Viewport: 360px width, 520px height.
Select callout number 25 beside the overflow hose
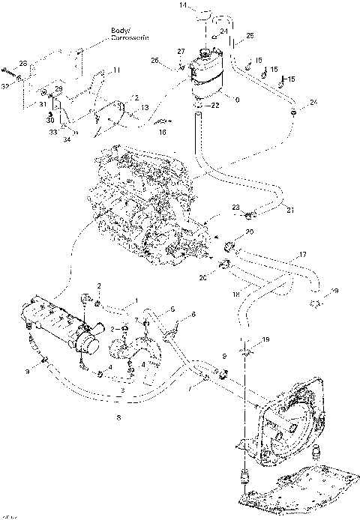(x=250, y=35)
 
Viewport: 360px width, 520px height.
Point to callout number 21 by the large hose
(x=291, y=210)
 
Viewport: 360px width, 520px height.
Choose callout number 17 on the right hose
(x=303, y=255)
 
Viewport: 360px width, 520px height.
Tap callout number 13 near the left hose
(x=144, y=107)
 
